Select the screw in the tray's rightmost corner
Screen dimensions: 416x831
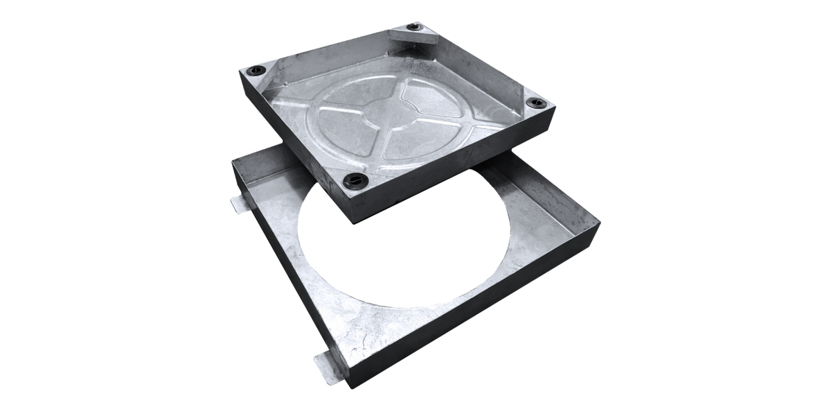coord(535,103)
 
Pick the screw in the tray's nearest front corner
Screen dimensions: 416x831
coord(349,179)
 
